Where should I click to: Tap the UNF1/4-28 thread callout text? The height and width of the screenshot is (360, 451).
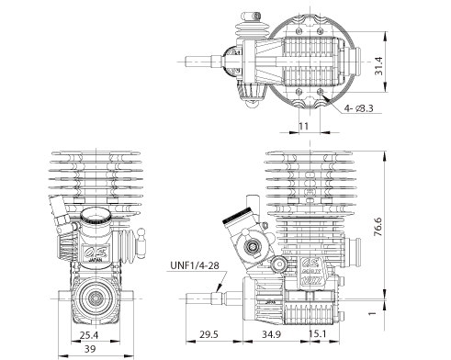(195, 267)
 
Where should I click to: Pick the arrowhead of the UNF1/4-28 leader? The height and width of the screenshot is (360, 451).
(219, 289)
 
